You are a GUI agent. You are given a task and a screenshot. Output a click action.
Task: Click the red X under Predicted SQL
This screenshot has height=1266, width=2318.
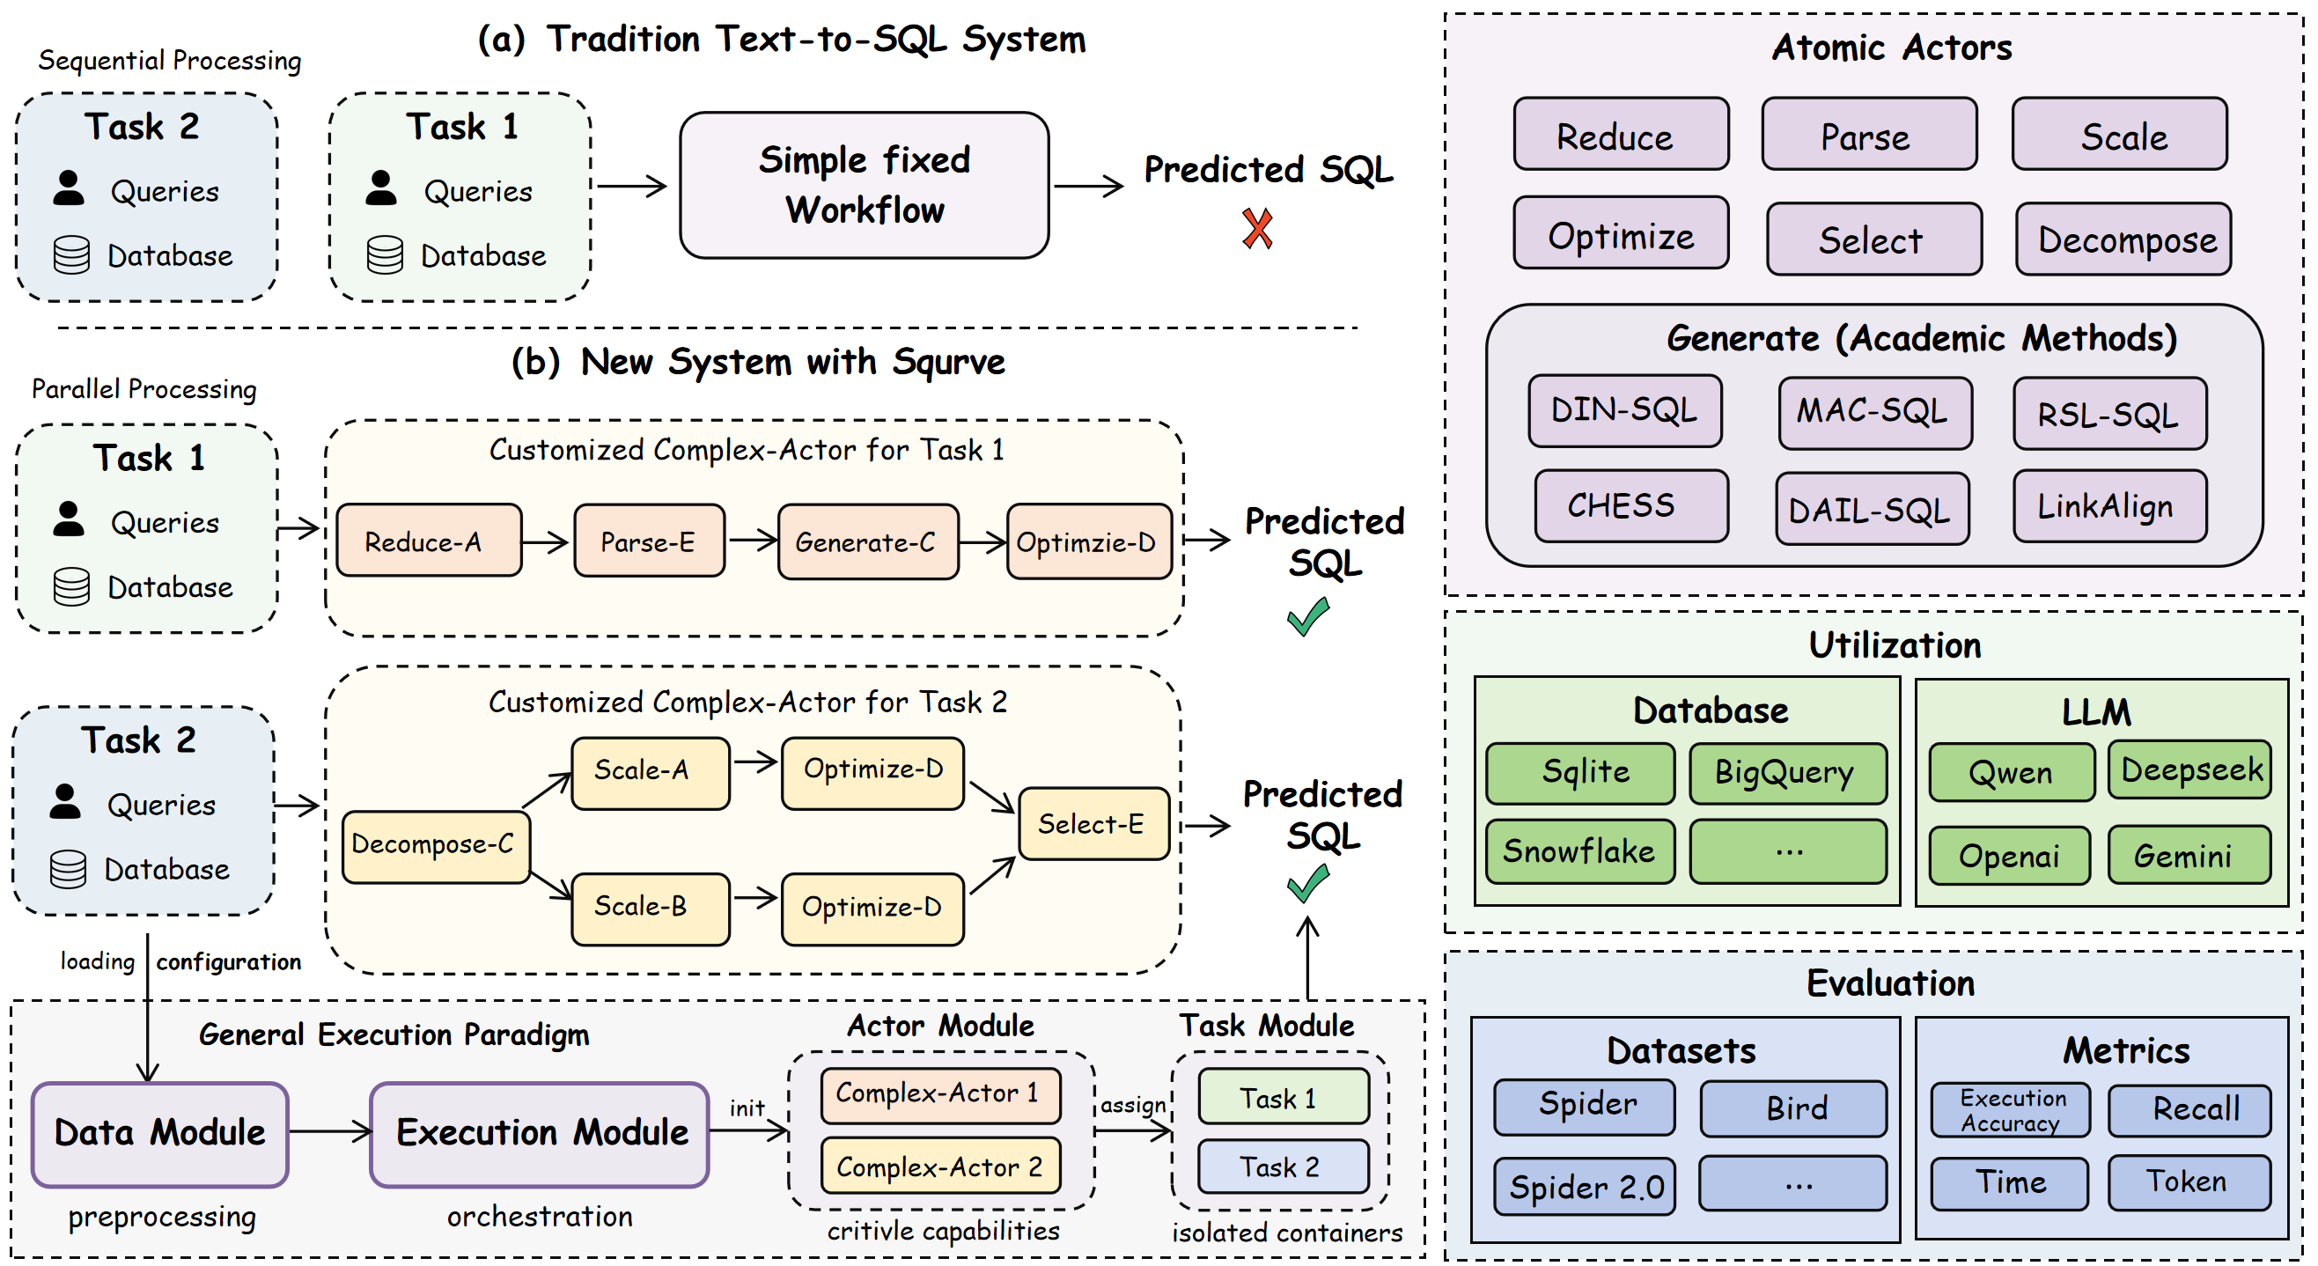[x=1257, y=229]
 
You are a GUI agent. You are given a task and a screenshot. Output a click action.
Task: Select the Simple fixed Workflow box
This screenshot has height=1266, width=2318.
[x=864, y=186]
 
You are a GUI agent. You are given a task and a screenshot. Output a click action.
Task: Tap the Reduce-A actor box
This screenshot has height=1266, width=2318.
[x=429, y=541]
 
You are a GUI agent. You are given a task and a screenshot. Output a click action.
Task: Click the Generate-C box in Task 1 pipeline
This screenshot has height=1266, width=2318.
[x=867, y=541]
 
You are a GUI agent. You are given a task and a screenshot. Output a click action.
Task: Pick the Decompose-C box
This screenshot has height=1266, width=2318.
[x=436, y=846]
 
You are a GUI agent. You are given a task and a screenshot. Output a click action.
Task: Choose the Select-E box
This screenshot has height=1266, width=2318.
[x=1093, y=824]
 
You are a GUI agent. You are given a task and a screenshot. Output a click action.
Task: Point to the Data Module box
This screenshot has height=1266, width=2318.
[x=160, y=1134]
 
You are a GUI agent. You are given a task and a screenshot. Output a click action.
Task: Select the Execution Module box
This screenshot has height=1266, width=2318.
[x=540, y=1134]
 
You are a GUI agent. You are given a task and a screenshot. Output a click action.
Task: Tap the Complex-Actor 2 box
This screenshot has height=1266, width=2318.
[x=940, y=1167]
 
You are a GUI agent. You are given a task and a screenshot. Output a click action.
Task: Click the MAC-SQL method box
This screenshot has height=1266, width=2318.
[x=1874, y=413]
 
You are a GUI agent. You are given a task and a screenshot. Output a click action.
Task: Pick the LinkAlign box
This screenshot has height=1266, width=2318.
[x=2108, y=506]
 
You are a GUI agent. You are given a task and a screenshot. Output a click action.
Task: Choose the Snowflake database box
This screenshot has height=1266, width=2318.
[x=1579, y=851]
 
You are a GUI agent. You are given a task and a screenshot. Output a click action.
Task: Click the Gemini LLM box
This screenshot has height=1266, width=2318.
[x=2188, y=856]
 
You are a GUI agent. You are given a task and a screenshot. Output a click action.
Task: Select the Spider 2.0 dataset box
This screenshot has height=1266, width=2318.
[x=1584, y=1187]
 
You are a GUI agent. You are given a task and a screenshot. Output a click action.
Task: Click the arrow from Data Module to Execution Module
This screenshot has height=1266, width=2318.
[x=329, y=1131]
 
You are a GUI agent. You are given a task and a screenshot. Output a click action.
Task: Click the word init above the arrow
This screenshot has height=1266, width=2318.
[x=747, y=1108]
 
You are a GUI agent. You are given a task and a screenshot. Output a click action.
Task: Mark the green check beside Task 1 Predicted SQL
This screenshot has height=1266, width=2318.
[x=1307, y=617]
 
